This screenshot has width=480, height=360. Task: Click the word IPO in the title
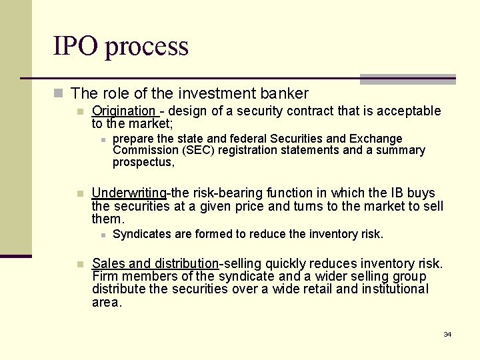pyautogui.click(x=75, y=46)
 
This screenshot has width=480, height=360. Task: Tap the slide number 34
pyautogui.click(x=447, y=334)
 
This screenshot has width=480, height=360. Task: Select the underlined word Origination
pyautogui.click(x=123, y=111)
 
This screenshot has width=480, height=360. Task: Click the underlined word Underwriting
pyautogui.click(x=129, y=193)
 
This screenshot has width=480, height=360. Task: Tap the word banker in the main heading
pyautogui.click(x=285, y=93)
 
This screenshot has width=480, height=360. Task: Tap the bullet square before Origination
pyautogui.click(x=80, y=111)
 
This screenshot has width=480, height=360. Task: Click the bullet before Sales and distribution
pyautogui.click(x=80, y=264)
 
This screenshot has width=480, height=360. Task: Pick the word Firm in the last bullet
pyautogui.click(x=105, y=277)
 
